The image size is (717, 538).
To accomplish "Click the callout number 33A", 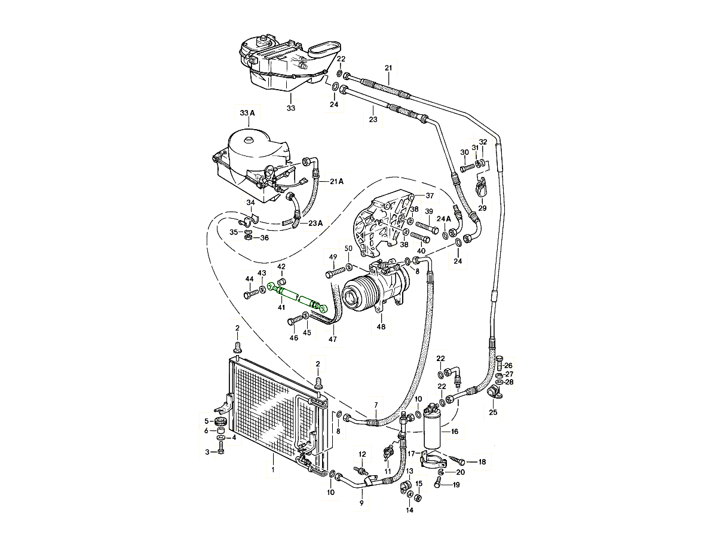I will [247, 113].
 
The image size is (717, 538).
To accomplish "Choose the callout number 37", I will [429, 195].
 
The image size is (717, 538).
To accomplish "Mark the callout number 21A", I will [337, 181].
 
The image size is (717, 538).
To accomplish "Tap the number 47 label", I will [333, 340].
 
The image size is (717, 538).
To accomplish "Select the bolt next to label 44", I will [250, 294].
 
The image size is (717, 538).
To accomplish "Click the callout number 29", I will [482, 208].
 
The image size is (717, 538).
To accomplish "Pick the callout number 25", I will [493, 412].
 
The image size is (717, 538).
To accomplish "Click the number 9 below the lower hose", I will [361, 505].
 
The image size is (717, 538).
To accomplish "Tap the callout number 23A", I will [315, 223].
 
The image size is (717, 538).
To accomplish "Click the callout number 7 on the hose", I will [376, 406].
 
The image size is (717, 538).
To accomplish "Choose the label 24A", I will [443, 219].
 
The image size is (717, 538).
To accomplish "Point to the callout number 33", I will [290, 108].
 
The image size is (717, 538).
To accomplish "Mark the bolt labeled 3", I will [220, 451].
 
